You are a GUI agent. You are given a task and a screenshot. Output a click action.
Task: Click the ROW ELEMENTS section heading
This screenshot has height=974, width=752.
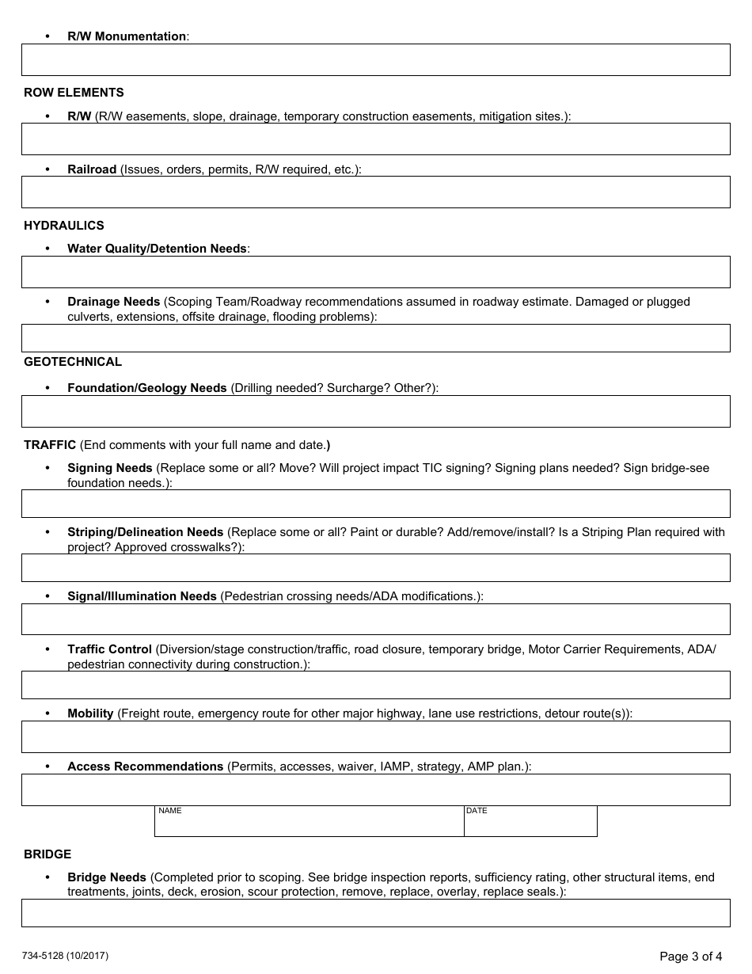point(74,93)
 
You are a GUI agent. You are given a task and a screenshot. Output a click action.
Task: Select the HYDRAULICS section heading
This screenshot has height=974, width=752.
point(64,226)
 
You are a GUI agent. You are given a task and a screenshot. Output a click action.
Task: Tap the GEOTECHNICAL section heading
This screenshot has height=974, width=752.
point(73,362)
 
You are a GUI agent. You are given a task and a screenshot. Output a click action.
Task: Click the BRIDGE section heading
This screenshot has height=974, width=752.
point(47,854)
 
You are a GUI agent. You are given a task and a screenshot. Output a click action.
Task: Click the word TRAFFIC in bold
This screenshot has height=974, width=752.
point(50,445)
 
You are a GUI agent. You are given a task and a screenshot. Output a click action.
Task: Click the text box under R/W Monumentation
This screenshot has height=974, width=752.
point(375,60)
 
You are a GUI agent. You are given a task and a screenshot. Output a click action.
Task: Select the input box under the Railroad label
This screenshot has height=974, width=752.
point(375,192)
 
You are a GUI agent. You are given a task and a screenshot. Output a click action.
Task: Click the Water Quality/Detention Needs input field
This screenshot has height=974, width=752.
point(375,272)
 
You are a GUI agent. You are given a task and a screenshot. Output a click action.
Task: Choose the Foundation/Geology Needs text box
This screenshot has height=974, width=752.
point(375,412)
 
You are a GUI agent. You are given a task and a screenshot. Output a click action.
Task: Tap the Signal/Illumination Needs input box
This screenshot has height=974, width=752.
point(375,620)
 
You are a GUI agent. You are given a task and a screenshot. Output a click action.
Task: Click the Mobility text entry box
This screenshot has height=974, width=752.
point(375,736)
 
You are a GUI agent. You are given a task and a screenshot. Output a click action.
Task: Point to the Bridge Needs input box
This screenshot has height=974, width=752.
point(375,913)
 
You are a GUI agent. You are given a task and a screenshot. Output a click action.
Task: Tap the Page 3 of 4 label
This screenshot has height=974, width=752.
point(690,957)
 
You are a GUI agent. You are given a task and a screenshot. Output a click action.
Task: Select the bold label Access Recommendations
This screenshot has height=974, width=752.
point(145,767)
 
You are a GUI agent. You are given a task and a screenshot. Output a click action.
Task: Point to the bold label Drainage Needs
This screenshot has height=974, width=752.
point(113,302)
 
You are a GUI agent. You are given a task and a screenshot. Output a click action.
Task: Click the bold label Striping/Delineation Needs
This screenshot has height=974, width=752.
point(145,532)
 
